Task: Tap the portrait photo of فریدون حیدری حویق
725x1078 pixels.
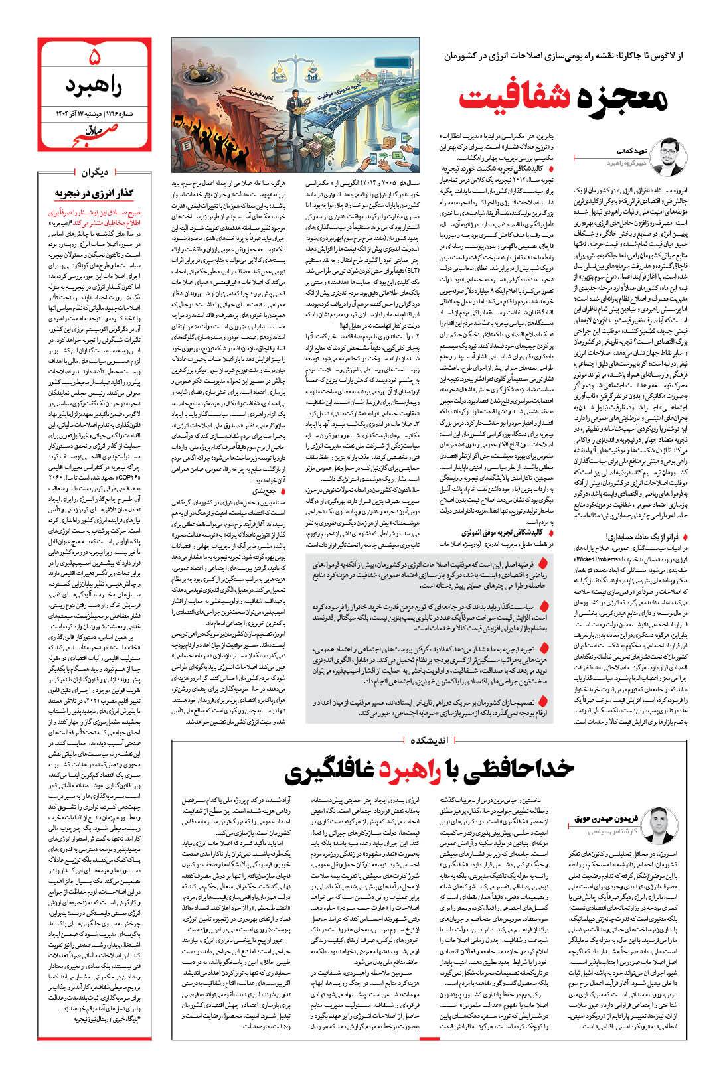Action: point(663,824)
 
